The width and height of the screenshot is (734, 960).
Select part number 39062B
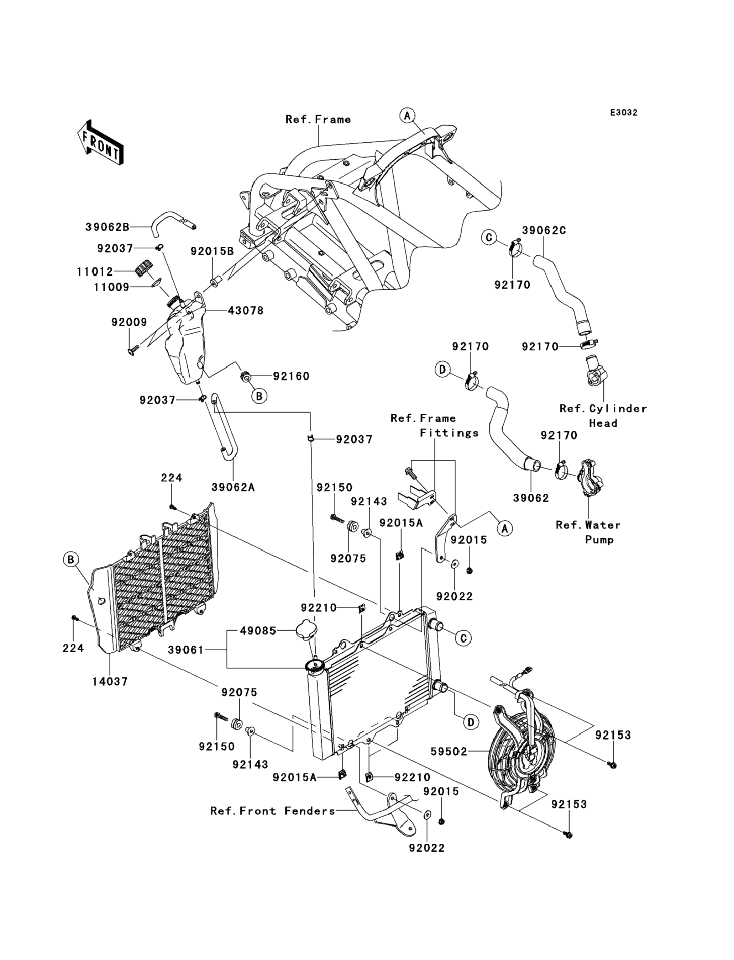coord(107,227)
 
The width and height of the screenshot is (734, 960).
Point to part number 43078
coord(246,311)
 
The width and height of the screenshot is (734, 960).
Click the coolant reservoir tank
coord(186,345)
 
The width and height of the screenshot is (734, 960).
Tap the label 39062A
coord(233,487)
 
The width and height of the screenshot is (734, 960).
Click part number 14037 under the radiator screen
coord(110,681)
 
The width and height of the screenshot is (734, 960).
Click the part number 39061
coord(186,651)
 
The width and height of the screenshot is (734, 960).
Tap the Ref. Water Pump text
coord(588,532)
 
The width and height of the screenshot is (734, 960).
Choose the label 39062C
coord(544,230)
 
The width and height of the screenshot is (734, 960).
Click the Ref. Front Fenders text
coord(273,811)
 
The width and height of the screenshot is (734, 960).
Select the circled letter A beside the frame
coord(407,116)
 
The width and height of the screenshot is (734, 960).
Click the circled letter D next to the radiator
coord(471,722)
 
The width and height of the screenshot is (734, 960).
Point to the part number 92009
coord(129,322)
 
